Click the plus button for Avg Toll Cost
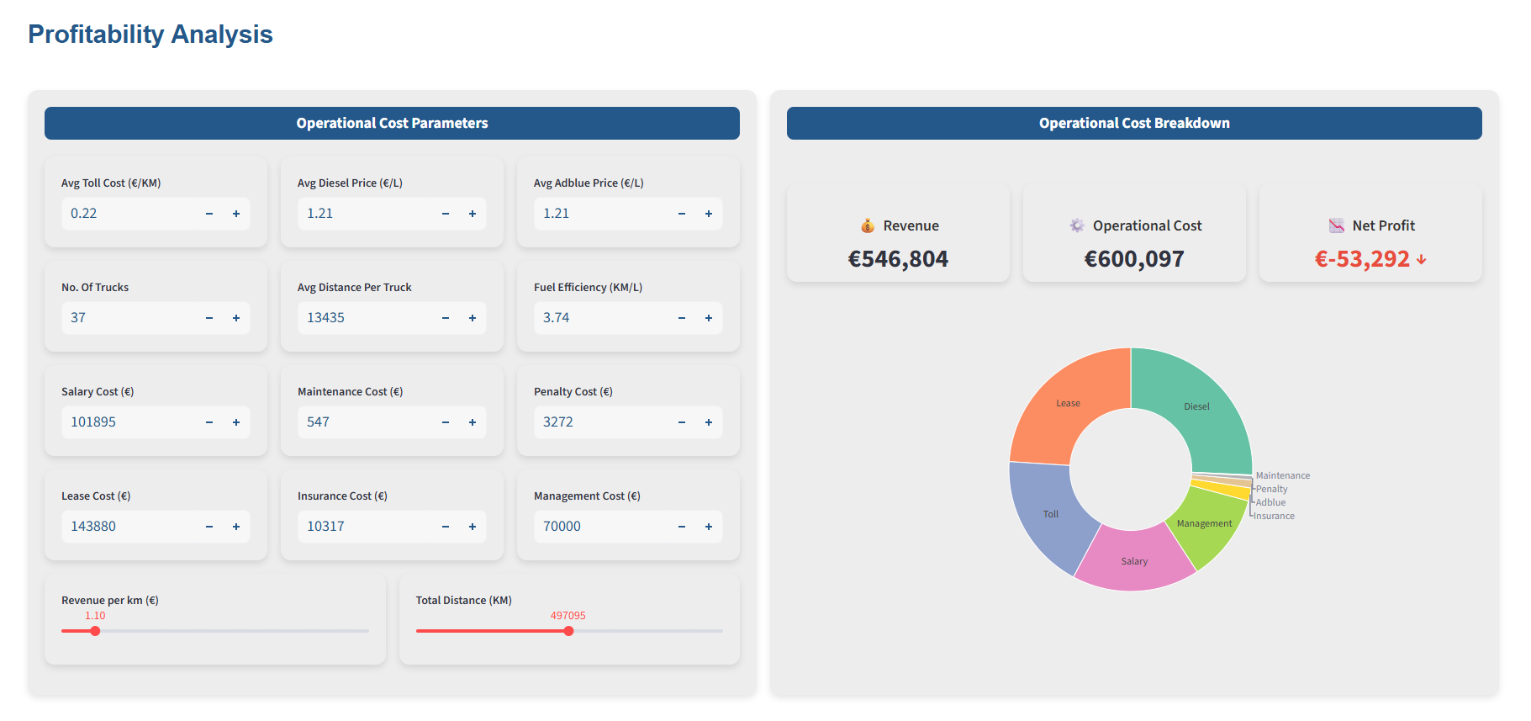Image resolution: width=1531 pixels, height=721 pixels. click(x=236, y=214)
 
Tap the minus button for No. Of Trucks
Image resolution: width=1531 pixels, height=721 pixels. click(x=209, y=318)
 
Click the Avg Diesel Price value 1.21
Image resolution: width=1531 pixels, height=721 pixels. click(x=319, y=214)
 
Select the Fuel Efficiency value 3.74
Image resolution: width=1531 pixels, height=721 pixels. click(x=556, y=318)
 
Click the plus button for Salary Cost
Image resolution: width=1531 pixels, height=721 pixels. click(x=236, y=422)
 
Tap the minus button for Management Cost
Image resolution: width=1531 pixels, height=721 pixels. click(x=682, y=527)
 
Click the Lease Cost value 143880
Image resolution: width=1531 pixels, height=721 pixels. click(x=93, y=527)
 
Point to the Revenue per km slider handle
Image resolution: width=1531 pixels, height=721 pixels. click(x=95, y=631)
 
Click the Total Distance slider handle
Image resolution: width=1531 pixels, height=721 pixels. click(x=569, y=631)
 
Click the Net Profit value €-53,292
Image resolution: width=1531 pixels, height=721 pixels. click(x=1362, y=259)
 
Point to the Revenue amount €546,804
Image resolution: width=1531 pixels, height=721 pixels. click(x=898, y=259)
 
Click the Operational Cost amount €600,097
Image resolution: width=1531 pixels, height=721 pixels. click(x=1134, y=259)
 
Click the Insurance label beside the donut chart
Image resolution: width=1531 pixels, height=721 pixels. click(x=1274, y=516)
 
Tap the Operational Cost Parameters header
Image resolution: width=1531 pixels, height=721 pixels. click(x=392, y=123)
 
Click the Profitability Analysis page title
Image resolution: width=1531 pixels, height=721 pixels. click(x=150, y=34)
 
